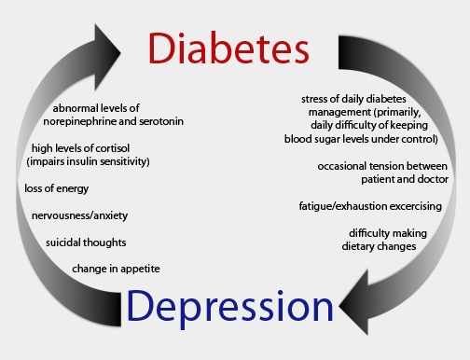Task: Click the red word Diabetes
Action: coord(228,48)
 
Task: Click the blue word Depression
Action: coord(230,307)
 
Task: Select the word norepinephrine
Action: coord(80,121)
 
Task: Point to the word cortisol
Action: coord(113,148)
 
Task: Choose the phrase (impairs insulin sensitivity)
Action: coord(88,161)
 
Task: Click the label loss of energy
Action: coord(57,188)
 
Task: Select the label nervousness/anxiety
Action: coord(79,215)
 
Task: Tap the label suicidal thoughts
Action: coord(86,242)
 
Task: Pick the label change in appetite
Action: coord(116,269)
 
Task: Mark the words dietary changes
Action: coord(379,246)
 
